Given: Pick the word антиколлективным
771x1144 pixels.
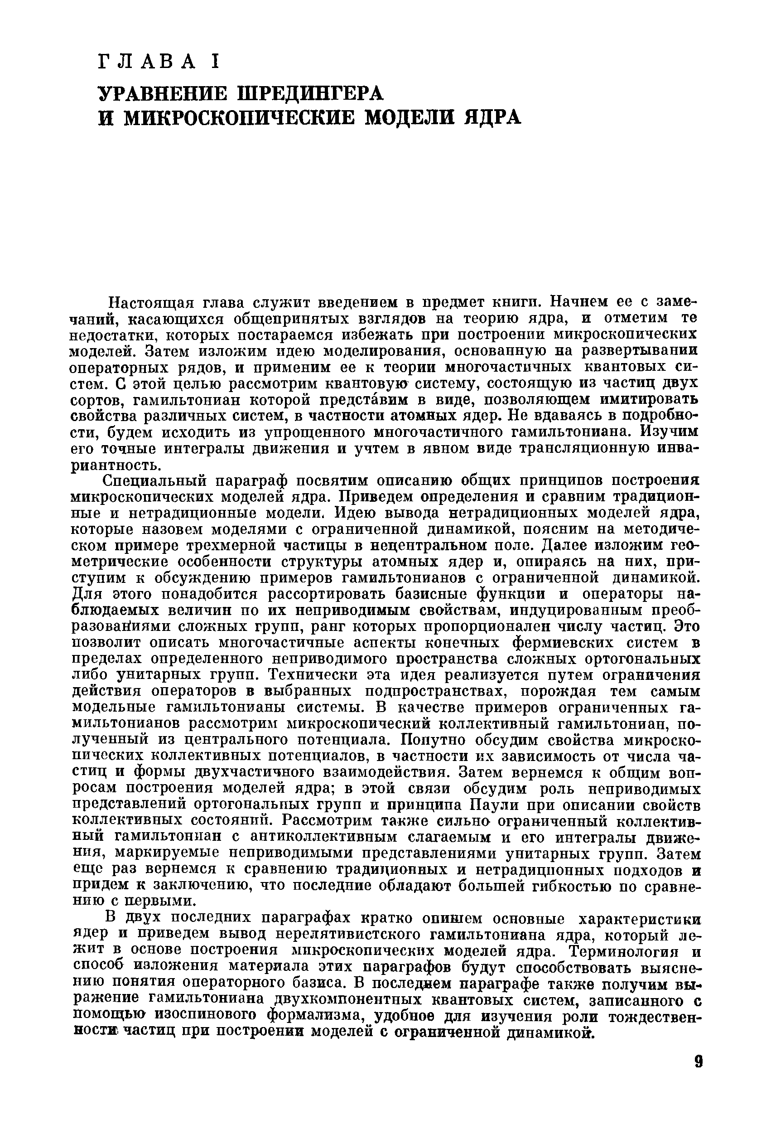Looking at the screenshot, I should [321, 838].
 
